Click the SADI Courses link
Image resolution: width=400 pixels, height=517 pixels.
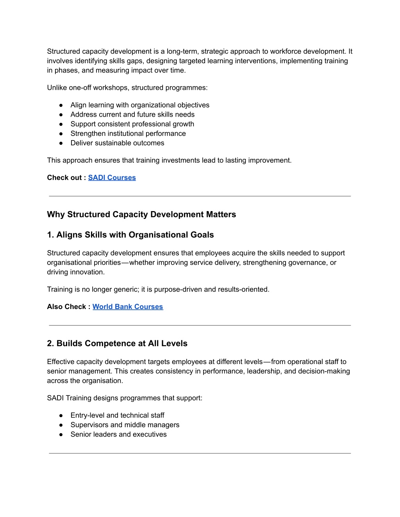pos(112,178)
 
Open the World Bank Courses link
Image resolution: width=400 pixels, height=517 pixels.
pos(127,307)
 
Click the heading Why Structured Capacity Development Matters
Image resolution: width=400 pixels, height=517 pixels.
pos(141,214)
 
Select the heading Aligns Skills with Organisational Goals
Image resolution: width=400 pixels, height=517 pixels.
pos(130,235)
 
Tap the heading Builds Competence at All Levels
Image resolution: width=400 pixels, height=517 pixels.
pos(117,343)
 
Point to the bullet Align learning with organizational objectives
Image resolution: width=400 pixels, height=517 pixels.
pos(140,105)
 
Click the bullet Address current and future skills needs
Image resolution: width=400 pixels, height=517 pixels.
pos(132,114)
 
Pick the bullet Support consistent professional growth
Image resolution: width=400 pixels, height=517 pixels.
pos(132,124)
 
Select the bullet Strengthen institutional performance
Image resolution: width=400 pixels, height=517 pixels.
pos(128,133)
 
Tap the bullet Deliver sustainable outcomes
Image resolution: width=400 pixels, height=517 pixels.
pos(117,143)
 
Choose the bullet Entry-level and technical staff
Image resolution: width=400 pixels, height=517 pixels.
pos(117,415)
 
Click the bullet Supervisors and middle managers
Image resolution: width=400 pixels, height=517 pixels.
pos(125,425)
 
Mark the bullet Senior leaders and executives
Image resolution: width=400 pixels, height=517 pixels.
pos(118,434)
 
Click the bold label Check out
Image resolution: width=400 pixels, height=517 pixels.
pos(64,178)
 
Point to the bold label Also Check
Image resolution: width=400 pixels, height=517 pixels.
pos(66,307)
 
